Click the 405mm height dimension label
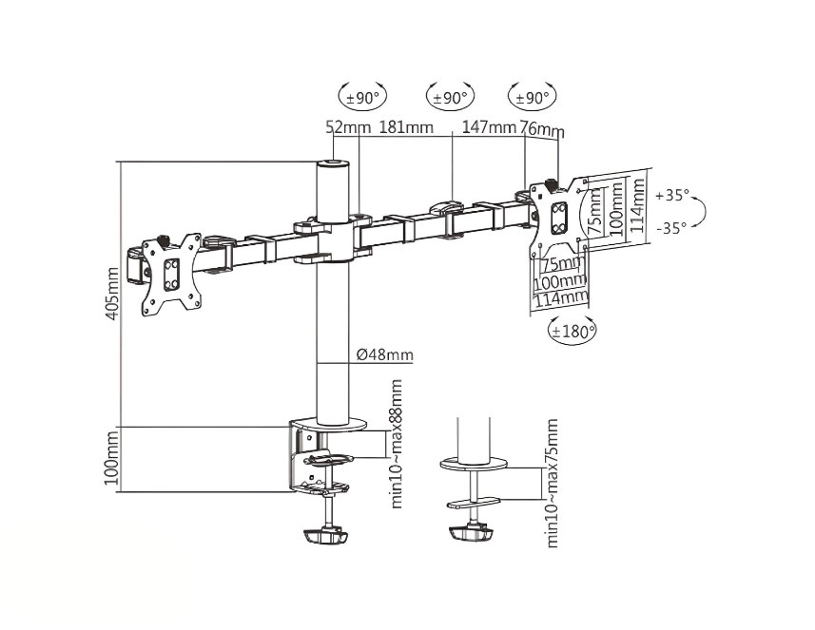tap(113, 294)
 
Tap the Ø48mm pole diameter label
tap(384, 355)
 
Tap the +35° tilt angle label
tap(671, 196)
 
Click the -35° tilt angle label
tap(671, 227)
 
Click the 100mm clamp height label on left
tap(113, 459)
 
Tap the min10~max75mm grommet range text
tap(552, 485)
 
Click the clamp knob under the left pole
tap(325, 537)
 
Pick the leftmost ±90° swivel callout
tap(363, 96)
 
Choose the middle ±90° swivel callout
tap(450, 97)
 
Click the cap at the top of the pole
tap(332, 165)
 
